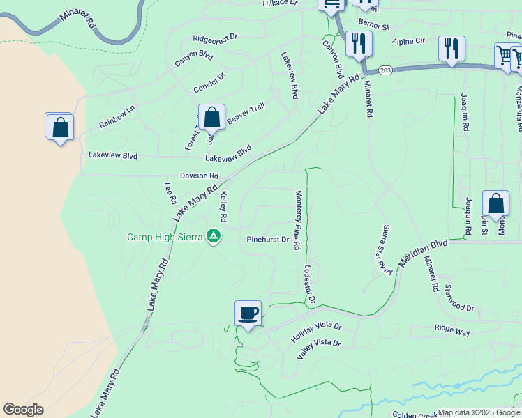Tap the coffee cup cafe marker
tap(248, 313)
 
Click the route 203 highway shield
tap(386, 71)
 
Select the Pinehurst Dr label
tap(268, 240)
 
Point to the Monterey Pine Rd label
tap(298, 220)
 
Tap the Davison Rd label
tap(199, 176)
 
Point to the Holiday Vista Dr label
tap(316, 331)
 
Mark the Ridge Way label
tap(452, 330)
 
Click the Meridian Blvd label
tap(422, 254)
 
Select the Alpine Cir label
tap(408, 42)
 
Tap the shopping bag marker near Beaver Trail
tap(211, 118)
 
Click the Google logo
tap(23, 410)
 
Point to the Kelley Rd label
tap(224, 209)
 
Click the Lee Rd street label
tap(170, 193)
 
